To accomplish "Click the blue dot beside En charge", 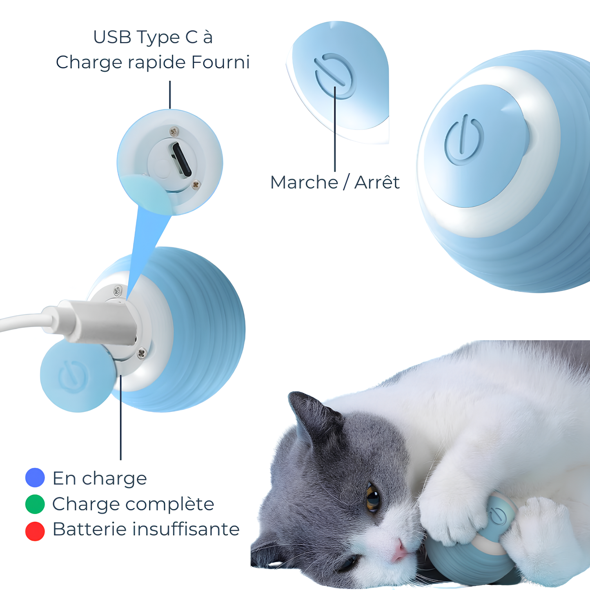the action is coord(35,477).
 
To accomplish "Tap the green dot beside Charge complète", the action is coord(35,504).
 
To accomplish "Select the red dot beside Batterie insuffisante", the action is coord(35,531).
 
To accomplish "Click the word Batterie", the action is coord(89,529).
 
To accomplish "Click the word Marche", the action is coord(304,183).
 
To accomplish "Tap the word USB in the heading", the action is coord(112,37).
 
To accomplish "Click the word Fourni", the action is coord(220,62).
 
